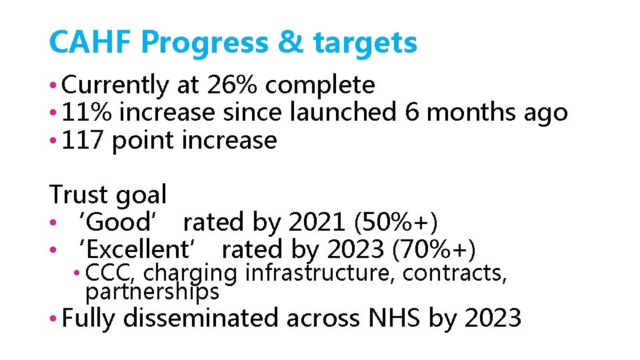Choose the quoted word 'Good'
tap(120, 222)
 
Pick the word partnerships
tap(152, 291)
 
